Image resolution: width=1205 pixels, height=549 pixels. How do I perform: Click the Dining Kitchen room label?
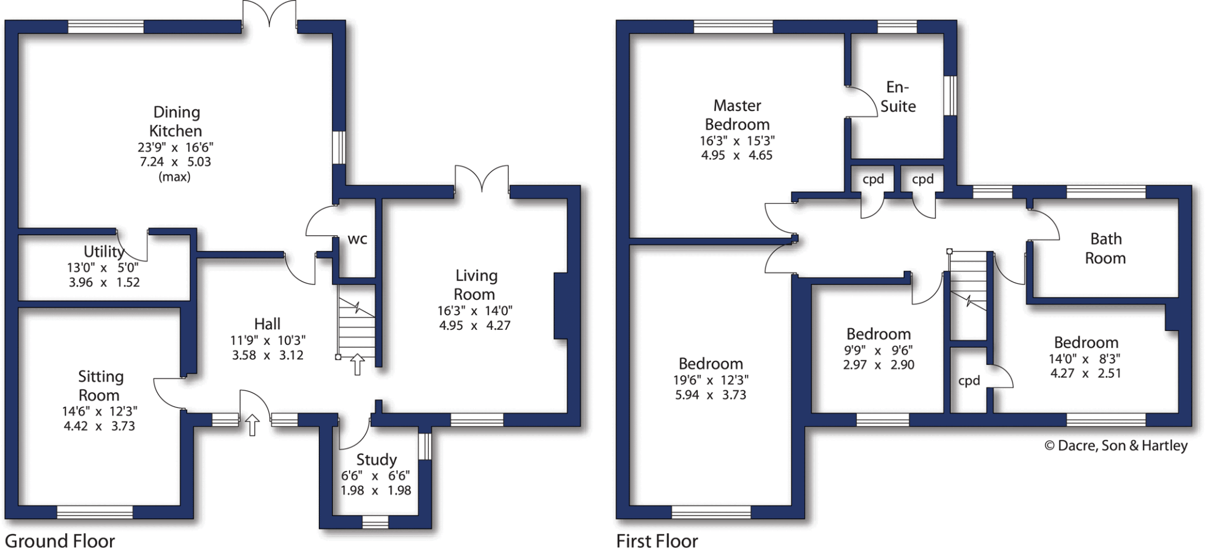pos(175,122)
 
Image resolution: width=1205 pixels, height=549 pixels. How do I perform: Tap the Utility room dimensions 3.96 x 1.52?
pos(104,282)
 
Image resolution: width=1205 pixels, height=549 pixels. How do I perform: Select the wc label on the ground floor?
pos(357,239)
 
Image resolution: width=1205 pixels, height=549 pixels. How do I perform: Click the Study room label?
pos(377,460)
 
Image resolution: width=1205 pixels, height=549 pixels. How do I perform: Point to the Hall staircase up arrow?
pos(357,364)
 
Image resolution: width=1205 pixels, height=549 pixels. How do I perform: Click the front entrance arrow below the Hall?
pos(252,424)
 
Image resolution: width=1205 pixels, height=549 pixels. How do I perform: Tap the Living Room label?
pos(475,284)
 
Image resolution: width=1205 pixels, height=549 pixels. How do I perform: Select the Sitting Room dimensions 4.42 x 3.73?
pos(99,426)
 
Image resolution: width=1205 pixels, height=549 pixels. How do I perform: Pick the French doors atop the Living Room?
pos(482,179)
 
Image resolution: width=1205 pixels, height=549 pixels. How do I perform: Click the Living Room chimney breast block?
pos(561,306)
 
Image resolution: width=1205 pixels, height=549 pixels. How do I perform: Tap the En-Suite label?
pos(898,97)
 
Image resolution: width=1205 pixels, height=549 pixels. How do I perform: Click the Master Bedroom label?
pos(737,115)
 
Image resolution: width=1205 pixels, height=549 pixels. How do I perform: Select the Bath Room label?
pos(1106,248)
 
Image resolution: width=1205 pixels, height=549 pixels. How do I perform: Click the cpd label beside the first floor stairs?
pos(969,380)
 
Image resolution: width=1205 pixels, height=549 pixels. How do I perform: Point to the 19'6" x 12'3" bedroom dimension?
pos(711,380)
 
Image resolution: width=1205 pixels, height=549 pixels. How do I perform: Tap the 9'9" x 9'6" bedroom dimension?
pos(878,350)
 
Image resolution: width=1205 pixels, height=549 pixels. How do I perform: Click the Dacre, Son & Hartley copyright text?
pos(1116,446)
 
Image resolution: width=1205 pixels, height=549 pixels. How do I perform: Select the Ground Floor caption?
pos(60,540)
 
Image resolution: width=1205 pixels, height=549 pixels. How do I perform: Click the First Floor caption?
pos(657,540)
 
